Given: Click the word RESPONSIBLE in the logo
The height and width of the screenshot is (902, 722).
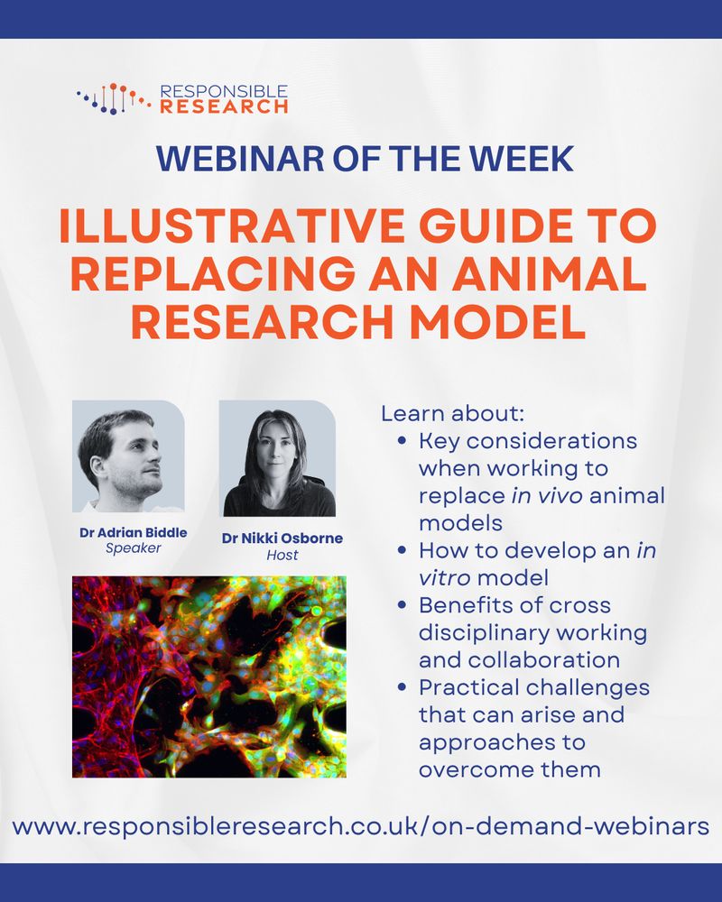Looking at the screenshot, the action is tap(224, 91).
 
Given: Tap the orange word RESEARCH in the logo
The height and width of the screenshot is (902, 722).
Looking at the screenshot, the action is tap(224, 106).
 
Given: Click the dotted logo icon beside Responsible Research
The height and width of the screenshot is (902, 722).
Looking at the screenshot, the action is tap(114, 98).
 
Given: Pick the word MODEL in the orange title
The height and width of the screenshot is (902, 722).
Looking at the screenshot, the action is tap(497, 322).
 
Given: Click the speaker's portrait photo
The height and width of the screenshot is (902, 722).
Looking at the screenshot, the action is tap(128, 456).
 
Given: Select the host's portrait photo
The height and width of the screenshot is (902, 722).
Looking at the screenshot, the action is tap(277, 458).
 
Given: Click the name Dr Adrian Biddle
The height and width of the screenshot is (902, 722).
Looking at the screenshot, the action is tap(133, 533).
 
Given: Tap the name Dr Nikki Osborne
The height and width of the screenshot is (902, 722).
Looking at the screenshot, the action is tap(282, 538).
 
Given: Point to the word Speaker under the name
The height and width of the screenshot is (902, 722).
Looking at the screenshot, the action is tap(133, 548).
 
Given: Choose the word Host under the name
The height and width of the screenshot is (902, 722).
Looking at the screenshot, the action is tap(282, 555).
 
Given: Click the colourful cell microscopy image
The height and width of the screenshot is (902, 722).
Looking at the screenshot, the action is tap(209, 676).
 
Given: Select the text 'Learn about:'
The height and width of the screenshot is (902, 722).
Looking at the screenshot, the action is tap(453, 414).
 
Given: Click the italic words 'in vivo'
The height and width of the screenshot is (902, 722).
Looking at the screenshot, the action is tap(546, 496).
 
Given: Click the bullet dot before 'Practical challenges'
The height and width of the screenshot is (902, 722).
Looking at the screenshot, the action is tap(402, 687).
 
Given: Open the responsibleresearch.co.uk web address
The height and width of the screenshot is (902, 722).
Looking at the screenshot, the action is tap(360, 826).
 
